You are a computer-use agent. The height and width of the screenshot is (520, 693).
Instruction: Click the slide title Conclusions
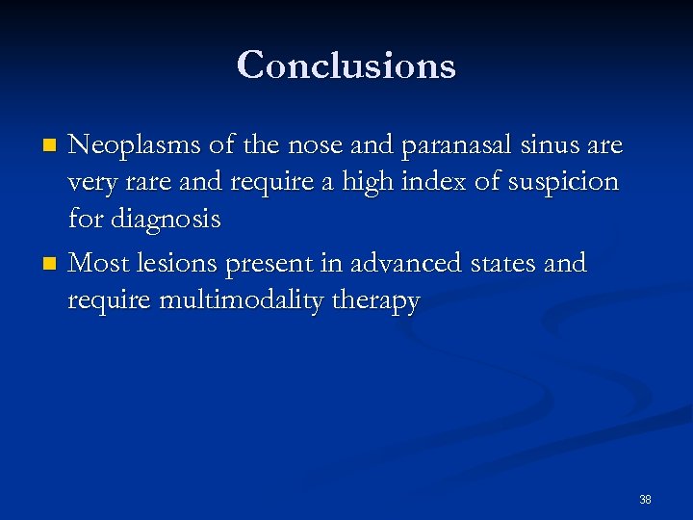[346, 65]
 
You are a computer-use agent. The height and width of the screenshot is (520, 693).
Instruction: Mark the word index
[423, 182]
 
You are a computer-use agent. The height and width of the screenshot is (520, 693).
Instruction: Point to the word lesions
[176, 263]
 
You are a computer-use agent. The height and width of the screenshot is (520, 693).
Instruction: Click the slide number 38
[645, 500]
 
